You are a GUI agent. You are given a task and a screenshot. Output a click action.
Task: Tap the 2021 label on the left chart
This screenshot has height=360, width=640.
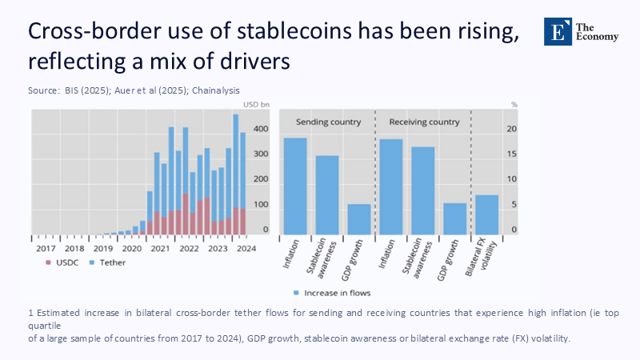pos(161,248)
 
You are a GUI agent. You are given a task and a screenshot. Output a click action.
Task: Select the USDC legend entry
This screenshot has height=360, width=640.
pos(63,262)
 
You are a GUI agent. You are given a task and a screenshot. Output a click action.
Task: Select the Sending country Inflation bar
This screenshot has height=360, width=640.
pos(296,186)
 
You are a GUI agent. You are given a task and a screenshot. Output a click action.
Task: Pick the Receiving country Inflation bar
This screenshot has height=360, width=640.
pos(391,186)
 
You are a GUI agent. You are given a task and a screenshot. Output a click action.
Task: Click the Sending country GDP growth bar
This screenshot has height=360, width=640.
pos(359,218)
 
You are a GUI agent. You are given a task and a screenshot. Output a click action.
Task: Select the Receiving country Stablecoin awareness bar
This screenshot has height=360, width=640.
pos(423,190)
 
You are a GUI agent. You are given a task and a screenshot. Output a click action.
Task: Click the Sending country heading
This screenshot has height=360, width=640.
pos(328,122)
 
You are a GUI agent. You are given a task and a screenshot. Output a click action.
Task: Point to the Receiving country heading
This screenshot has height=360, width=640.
pos(424,122)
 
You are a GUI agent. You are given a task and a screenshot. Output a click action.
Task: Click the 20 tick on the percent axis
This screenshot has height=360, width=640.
pos(513,129)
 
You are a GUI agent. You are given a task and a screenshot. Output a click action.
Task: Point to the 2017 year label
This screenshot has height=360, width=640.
pos(45,248)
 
